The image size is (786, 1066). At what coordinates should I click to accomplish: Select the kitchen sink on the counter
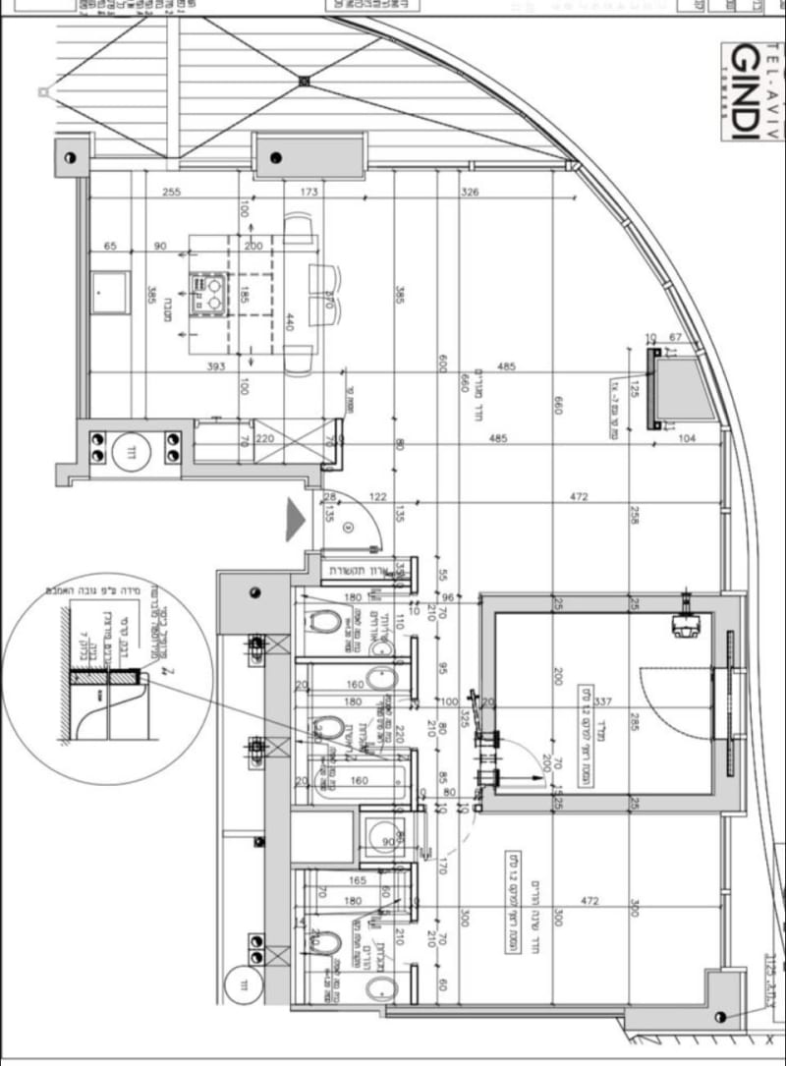110,293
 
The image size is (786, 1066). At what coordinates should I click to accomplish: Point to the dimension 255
172,193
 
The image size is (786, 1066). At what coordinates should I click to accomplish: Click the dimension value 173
309,193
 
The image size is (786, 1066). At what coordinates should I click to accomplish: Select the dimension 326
470,193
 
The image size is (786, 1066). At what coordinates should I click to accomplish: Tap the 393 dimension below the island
216,366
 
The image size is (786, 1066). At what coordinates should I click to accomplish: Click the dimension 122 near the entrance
377,497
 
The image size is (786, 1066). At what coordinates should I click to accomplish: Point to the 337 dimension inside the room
603,701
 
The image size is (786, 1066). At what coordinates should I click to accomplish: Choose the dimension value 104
686,439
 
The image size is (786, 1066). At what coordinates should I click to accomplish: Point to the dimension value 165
357,881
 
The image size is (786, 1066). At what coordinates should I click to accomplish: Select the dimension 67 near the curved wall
675,338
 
